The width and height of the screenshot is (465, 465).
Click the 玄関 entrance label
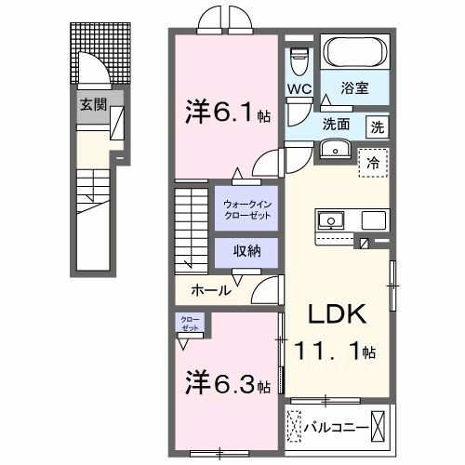(90, 104)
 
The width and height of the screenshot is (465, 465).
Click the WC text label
(299, 89)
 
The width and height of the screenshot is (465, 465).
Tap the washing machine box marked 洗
(378, 126)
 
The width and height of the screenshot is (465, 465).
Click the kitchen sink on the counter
(331, 220)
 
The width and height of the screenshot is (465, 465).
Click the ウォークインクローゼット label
(246, 208)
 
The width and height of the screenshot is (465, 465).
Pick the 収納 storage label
(246, 251)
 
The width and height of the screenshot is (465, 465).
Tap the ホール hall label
(211, 290)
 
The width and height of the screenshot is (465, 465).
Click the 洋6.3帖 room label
(226, 382)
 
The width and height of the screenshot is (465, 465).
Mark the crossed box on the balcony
(380, 429)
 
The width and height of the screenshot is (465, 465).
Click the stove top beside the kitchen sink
(374, 220)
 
